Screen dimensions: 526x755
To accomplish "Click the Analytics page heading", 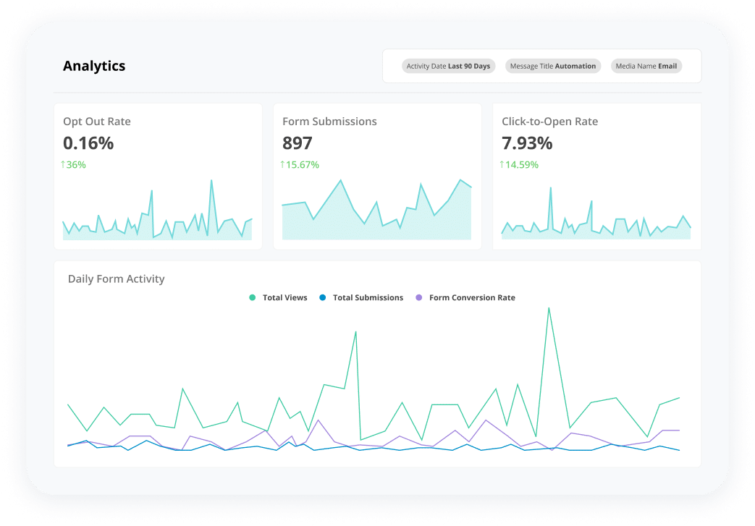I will tap(94, 66).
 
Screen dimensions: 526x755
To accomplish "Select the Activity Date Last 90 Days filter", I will tap(448, 66).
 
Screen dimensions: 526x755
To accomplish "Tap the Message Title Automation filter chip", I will tap(553, 66).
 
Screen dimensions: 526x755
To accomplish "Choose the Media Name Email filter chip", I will tap(646, 66).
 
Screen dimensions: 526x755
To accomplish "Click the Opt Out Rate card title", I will tap(97, 122).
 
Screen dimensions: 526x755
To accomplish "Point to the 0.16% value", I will tap(88, 143).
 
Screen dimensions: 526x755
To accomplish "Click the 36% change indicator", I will tap(73, 165).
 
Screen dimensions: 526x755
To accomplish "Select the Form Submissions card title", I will tap(329, 122).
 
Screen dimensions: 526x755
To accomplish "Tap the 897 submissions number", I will tap(298, 143).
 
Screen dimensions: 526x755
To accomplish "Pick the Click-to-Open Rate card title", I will tap(549, 122).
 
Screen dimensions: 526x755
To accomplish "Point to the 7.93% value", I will tap(527, 143).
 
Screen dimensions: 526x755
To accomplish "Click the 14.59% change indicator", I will tap(519, 165).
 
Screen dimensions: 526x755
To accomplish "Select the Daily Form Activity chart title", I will tap(116, 279).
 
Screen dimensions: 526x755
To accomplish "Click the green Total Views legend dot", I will tap(253, 297).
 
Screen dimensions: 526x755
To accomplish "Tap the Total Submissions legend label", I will tap(368, 297).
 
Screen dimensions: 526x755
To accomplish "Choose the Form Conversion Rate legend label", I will tap(472, 297).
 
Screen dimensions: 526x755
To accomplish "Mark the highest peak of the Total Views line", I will tap(549, 307).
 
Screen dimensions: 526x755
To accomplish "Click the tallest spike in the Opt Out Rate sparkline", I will tap(211, 180).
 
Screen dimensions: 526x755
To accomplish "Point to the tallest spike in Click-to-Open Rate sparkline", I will tap(550, 188).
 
